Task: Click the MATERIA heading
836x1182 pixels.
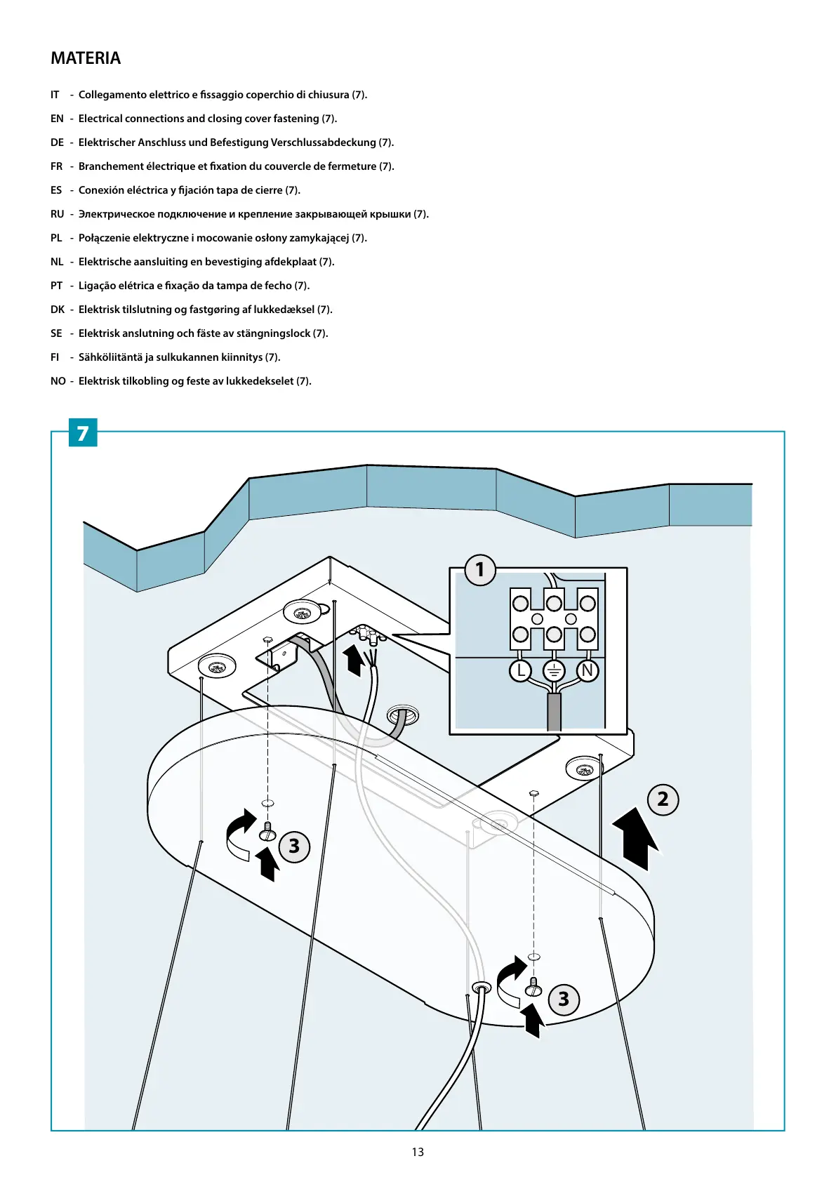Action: point(86,58)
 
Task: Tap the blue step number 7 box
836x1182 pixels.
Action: point(83,433)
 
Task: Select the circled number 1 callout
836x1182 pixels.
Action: point(480,569)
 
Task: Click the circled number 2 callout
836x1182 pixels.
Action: point(663,799)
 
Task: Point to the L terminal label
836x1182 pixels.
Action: point(520,671)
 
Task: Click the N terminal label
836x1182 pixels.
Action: point(588,671)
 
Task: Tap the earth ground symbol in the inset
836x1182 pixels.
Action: point(554,671)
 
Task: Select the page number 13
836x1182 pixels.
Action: point(418,1152)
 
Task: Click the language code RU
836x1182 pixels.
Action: point(57,214)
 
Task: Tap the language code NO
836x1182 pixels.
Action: point(58,381)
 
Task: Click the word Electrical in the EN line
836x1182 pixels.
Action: point(101,119)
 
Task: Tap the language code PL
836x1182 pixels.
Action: point(56,238)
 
